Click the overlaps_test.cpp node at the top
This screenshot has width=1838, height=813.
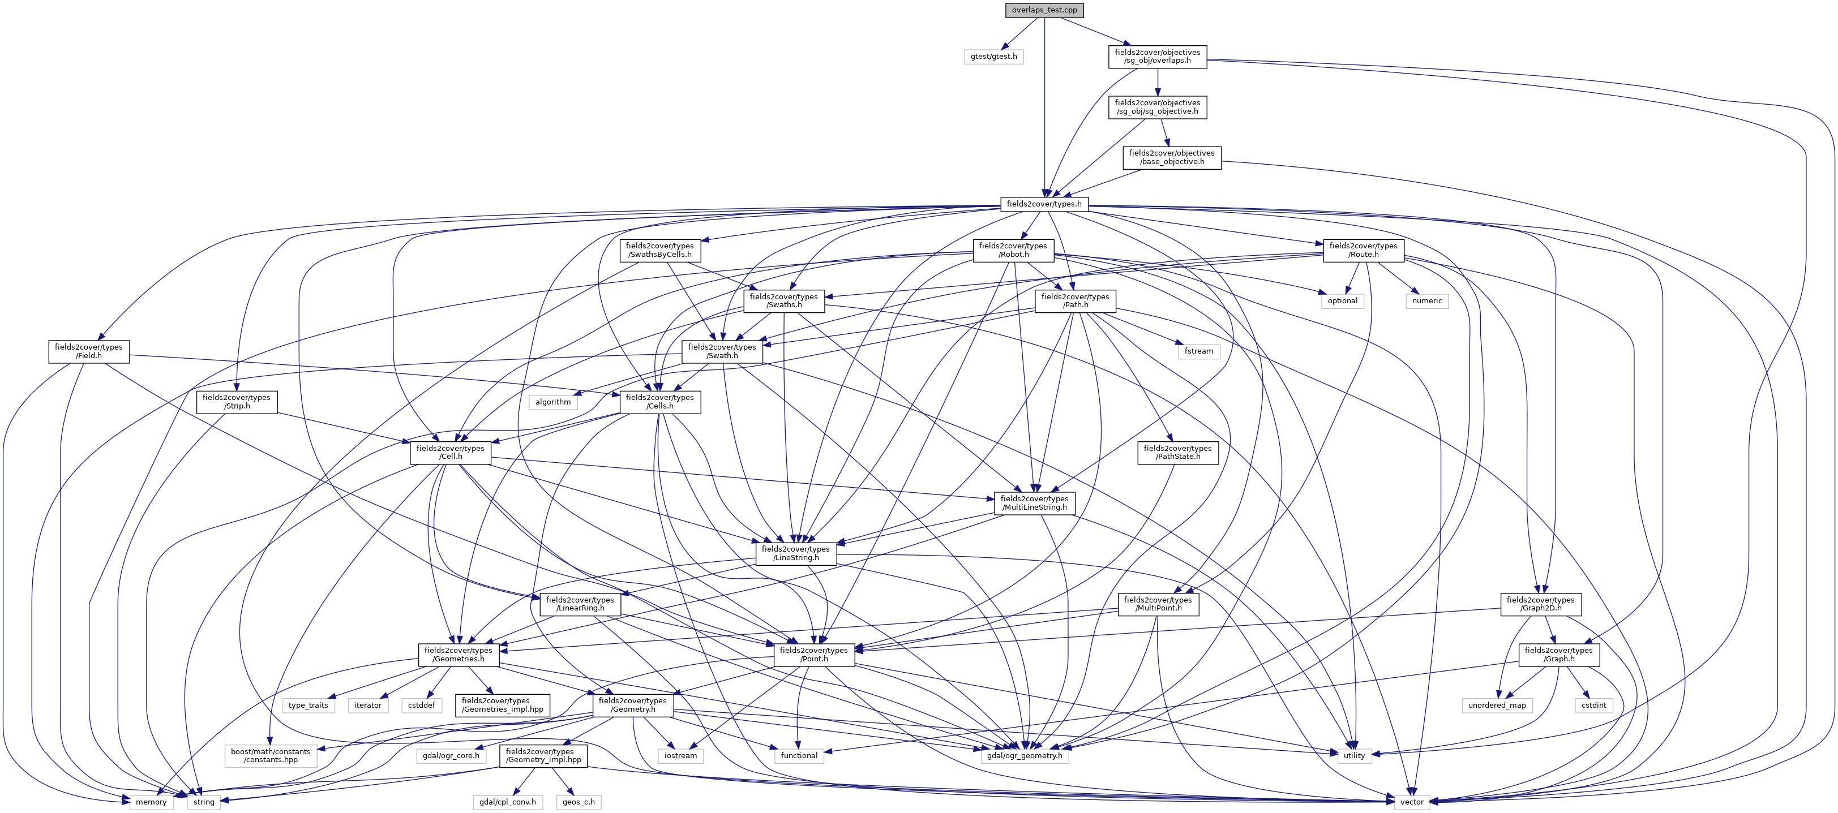[1044, 10]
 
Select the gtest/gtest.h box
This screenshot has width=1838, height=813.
[994, 57]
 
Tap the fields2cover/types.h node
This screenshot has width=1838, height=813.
[1044, 204]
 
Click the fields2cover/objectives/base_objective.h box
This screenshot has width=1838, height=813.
[1172, 158]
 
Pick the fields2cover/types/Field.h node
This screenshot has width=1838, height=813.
[88, 351]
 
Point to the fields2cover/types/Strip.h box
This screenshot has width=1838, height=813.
[236, 402]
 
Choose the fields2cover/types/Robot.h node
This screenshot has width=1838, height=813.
[1013, 250]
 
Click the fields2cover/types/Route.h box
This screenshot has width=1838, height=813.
[1363, 250]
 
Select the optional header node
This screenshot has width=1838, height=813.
[1342, 301]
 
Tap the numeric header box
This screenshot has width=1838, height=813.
[1427, 301]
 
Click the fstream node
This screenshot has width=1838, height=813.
[1199, 351]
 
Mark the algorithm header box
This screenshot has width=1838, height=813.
[553, 402]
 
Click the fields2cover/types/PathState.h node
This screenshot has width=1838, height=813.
[1177, 453]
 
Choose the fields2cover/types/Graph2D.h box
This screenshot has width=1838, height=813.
[1540, 604]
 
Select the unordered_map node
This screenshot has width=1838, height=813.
[1497, 706]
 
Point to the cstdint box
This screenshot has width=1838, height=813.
[1593, 706]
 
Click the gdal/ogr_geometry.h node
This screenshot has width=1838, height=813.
[1025, 756]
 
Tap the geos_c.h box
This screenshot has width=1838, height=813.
[578, 802]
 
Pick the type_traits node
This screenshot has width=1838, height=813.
[309, 706]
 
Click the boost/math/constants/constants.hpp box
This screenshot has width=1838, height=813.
[271, 756]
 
